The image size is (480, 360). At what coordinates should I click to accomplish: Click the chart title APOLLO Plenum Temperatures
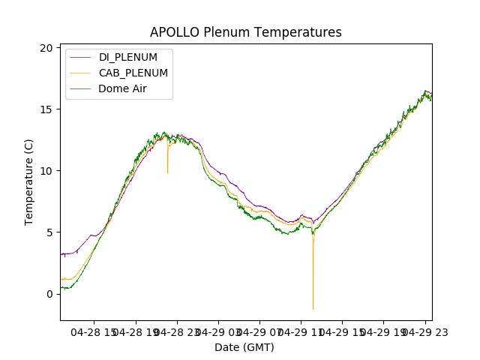pyautogui.click(x=245, y=32)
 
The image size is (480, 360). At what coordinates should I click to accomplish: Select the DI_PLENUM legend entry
pyautogui.click(x=128, y=58)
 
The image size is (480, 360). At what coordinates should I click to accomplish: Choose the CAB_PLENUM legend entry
pyautogui.click(x=133, y=73)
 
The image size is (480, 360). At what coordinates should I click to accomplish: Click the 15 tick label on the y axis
pyautogui.click(x=46, y=109)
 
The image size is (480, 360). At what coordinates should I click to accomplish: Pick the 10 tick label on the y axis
pyautogui.click(x=46, y=171)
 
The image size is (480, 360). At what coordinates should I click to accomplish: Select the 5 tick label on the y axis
pyautogui.click(x=49, y=232)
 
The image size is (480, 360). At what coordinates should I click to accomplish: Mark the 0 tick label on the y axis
pyautogui.click(x=49, y=294)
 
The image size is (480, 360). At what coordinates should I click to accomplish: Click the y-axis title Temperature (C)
pyautogui.click(x=29, y=181)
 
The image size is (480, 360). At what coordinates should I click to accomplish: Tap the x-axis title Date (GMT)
pyautogui.click(x=244, y=347)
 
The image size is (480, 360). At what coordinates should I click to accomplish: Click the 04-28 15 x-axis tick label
pyautogui.click(x=94, y=332)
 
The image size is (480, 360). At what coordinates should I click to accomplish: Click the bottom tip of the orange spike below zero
pyautogui.click(x=313, y=309)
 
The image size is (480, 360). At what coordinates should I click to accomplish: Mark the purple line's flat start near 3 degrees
pyautogui.click(x=67, y=254)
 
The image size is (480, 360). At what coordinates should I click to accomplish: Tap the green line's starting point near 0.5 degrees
pyautogui.click(x=62, y=287)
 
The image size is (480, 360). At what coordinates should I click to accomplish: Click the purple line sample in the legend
pyautogui.click(x=82, y=58)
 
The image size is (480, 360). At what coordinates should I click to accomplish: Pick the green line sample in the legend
pyautogui.click(x=82, y=88)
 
